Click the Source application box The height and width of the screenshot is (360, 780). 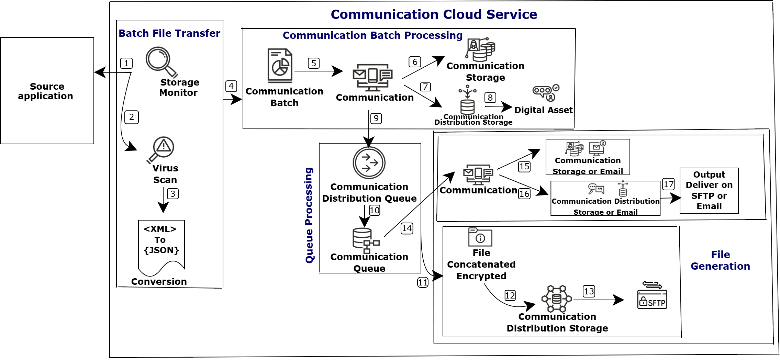tap(47, 91)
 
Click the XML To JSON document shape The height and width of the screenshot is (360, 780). tap(161, 246)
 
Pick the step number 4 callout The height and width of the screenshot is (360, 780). tap(231, 86)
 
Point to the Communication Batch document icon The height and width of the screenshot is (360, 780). tap(280, 66)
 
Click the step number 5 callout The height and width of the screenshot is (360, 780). tap(314, 63)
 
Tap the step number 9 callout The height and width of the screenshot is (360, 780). tap(376, 119)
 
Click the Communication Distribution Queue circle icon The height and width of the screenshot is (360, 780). tap(369, 162)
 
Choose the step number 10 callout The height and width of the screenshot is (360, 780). tap(375, 210)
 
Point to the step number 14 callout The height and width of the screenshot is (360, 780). tap(407, 228)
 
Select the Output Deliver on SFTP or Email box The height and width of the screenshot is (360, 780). tap(709, 191)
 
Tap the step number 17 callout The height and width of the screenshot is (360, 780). tap(669, 184)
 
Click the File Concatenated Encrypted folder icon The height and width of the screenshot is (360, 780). tap(480, 237)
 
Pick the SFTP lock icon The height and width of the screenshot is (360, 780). tap(652, 299)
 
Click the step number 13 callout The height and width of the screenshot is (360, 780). tap(589, 291)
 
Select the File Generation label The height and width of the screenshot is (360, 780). tap(720, 260)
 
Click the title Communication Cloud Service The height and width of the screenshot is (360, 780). tap(434, 14)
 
